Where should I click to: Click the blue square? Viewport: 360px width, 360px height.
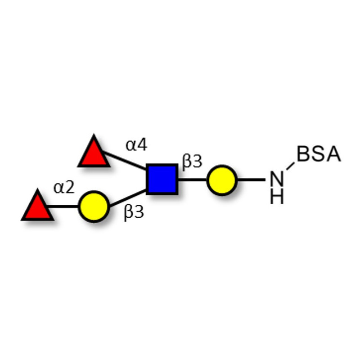[162, 179]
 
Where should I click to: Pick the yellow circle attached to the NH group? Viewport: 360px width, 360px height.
[221, 180]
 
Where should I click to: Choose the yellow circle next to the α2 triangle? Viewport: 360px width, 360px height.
[94, 207]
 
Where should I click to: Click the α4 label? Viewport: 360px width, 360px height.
[136, 145]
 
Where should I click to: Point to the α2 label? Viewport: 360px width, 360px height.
[64, 187]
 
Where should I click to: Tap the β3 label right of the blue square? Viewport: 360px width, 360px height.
[192, 162]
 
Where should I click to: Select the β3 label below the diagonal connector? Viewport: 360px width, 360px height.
[134, 212]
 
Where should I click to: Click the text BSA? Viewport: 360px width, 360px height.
[319, 154]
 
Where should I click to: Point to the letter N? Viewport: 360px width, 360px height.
[277, 179]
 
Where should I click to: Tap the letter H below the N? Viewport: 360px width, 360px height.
[277, 196]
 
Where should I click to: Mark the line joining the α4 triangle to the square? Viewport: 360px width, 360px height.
[124, 160]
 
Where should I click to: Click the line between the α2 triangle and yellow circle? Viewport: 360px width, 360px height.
[63, 207]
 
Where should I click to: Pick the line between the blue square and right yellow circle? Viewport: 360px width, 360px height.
[193, 180]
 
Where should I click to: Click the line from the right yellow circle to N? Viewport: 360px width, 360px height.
[251, 180]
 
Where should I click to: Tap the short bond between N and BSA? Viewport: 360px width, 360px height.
[290, 166]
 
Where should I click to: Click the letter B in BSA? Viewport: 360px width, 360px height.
[303, 154]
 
